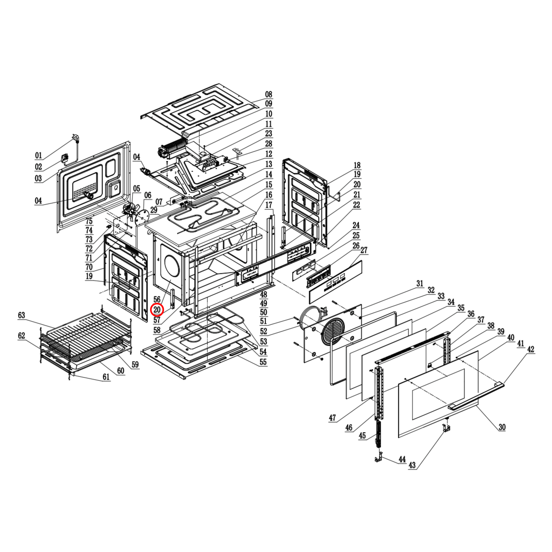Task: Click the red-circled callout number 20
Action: (157, 310)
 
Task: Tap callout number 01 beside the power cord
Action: (38, 155)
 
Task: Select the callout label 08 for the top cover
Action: (269, 94)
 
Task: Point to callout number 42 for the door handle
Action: (531, 350)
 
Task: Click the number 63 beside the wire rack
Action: (21, 316)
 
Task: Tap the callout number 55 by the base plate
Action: (263, 362)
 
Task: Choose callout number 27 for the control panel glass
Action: (364, 250)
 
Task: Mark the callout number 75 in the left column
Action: (89, 221)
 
